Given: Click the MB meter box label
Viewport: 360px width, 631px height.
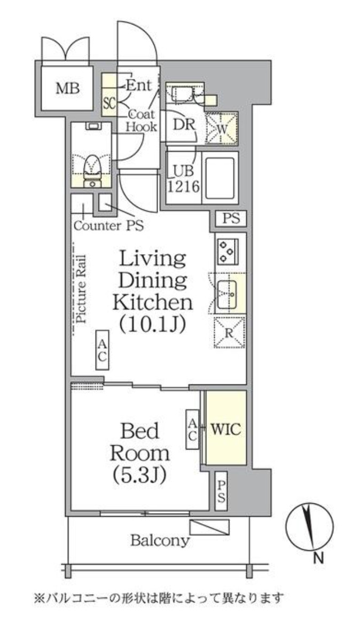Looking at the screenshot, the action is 67,88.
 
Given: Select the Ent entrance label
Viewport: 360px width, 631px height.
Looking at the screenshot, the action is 139,85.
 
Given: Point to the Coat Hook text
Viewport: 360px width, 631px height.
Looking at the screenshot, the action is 142,120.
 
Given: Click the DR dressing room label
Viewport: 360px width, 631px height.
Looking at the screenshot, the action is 184,124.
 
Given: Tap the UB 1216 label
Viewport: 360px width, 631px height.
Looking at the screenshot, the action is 184,179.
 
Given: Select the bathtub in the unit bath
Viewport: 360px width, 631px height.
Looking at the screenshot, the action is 220,177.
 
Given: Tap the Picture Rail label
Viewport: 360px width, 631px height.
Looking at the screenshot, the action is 81,289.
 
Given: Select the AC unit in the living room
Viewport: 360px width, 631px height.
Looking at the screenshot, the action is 102,350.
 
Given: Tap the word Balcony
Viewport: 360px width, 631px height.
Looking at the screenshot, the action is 160,540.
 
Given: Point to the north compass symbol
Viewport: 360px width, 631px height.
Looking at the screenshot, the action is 309,525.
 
